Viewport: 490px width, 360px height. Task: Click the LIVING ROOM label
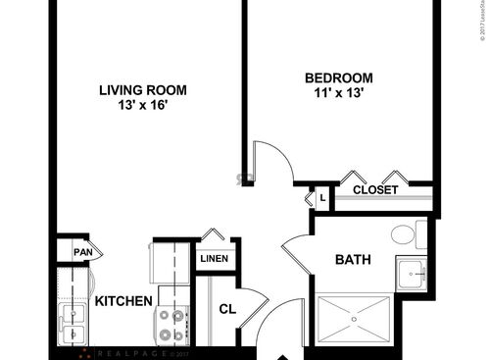[x=142, y=90]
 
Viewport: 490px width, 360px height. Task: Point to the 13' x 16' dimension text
[x=142, y=106]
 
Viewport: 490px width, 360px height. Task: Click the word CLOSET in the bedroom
[x=375, y=190]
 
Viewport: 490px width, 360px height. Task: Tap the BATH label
[x=352, y=260]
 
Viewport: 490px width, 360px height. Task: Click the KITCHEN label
[x=122, y=301]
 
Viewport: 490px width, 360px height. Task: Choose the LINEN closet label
[x=214, y=259]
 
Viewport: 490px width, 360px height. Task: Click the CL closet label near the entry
[x=226, y=310]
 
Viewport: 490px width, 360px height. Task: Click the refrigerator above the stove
[x=170, y=263]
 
